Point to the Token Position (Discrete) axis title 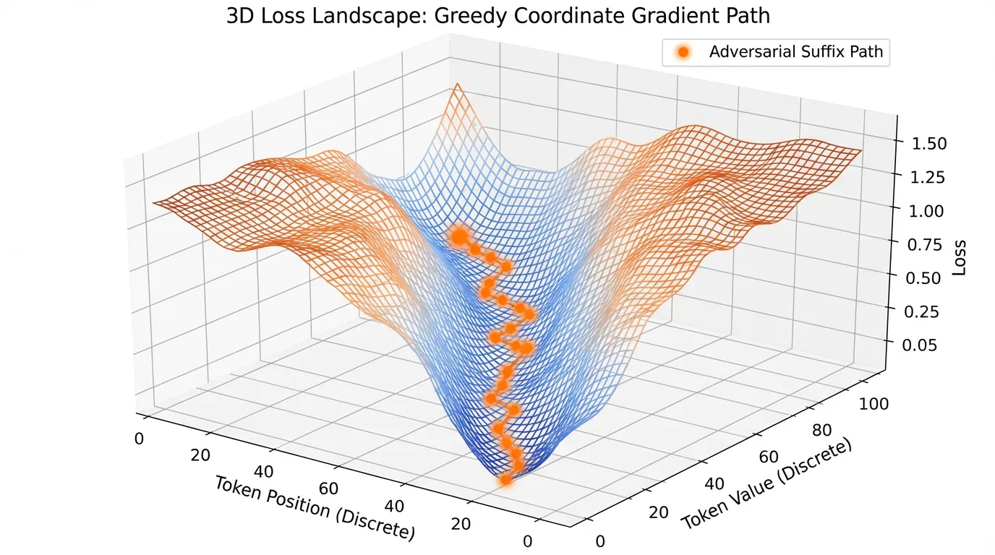[x=315, y=507]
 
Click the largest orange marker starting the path [x=458, y=236]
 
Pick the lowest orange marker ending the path [x=505, y=479]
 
